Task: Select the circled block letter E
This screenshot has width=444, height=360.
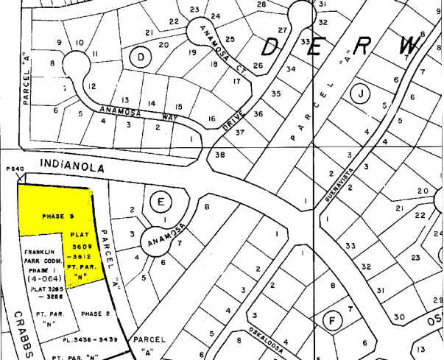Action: [160, 200]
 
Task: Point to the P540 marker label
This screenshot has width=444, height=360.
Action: [15, 169]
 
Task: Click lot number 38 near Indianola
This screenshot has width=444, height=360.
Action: [219, 155]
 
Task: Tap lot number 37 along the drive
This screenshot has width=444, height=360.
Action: [239, 132]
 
